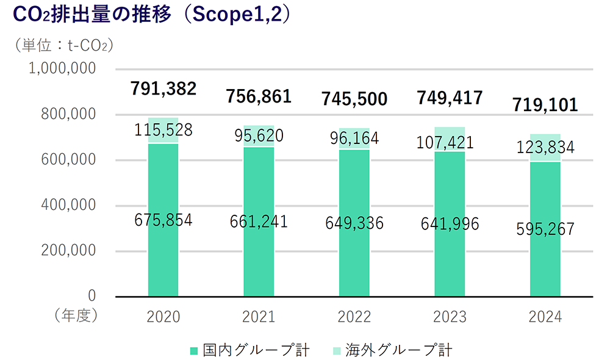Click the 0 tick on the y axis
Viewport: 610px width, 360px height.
pyautogui.click(x=92, y=296)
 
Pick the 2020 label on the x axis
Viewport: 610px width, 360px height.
pyautogui.click(x=163, y=317)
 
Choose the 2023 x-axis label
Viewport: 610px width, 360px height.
pyautogui.click(x=450, y=317)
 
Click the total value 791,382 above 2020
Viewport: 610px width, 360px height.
pyautogui.click(x=163, y=88)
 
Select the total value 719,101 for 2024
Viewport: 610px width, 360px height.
pyautogui.click(x=545, y=104)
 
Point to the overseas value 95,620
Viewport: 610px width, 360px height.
pyautogui.click(x=259, y=135)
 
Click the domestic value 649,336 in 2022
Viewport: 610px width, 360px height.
pyautogui.click(x=354, y=223)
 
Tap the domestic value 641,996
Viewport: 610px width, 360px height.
pyautogui.click(x=450, y=224)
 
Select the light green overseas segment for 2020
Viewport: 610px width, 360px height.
pyautogui.click(x=163, y=122)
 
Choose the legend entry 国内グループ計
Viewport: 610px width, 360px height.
pyautogui.click(x=250, y=350)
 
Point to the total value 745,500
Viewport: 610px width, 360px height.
pyautogui.click(x=354, y=98)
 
